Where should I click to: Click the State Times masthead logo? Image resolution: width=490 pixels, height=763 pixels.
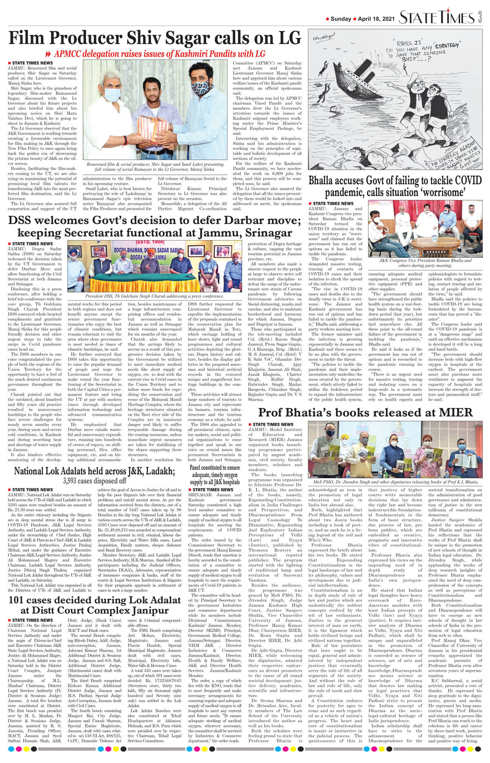coord(437,18)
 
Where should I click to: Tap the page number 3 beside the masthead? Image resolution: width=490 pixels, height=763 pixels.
coord(480,18)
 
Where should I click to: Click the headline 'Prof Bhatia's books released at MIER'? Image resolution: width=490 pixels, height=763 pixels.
coord(365,412)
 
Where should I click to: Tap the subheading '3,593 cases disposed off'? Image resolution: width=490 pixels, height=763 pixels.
coord(94,481)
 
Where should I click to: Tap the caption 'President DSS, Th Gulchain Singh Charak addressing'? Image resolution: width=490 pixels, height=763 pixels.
coord(154,296)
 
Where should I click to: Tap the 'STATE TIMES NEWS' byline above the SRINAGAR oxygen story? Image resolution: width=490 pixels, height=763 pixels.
coord(213,490)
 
